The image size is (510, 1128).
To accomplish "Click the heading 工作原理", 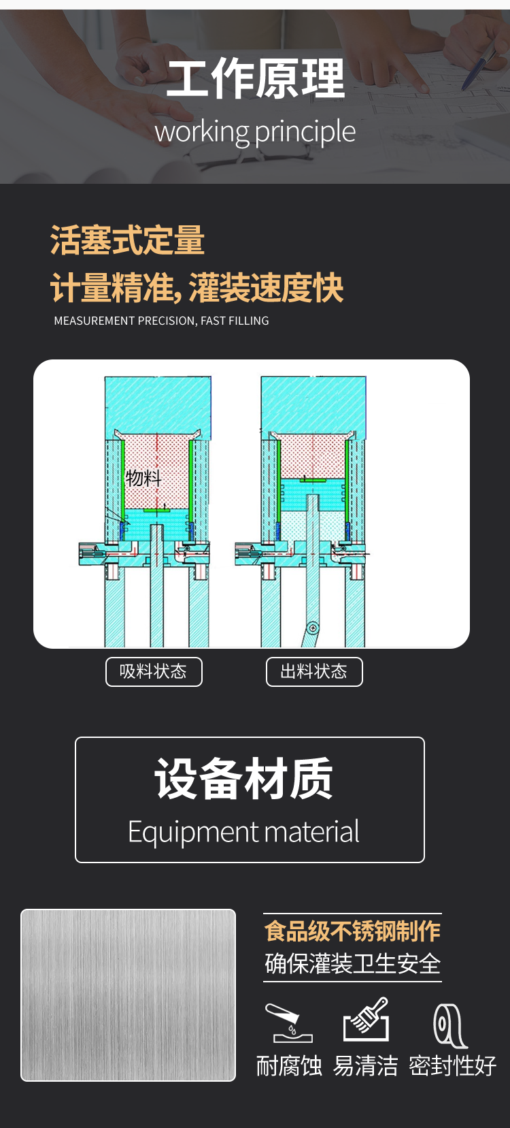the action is (x=256, y=78).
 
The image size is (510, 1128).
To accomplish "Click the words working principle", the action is (x=255, y=133).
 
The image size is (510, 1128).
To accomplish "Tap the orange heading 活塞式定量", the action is (x=127, y=240).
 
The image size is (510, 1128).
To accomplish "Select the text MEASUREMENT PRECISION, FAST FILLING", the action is (x=161, y=321).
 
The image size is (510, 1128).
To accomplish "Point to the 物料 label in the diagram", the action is (x=143, y=478).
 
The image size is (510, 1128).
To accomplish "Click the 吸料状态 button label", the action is (x=154, y=671).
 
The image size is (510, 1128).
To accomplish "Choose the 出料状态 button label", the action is (x=314, y=671).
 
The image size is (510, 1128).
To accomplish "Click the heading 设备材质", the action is (x=243, y=779).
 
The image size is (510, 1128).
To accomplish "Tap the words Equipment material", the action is (x=243, y=831).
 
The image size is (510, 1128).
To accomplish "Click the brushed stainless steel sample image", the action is (x=129, y=995).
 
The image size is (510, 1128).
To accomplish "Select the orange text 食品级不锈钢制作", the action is (x=352, y=931).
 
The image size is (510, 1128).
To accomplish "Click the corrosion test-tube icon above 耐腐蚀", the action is (x=289, y=1022).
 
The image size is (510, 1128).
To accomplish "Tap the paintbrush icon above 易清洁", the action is (x=366, y=1019).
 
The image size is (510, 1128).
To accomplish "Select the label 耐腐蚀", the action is (x=289, y=1065).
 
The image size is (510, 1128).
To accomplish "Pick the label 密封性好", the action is (x=452, y=1065).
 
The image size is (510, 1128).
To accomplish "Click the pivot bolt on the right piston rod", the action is (x=313, y=628).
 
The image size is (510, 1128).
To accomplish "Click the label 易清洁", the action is (x=366, y=1065).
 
